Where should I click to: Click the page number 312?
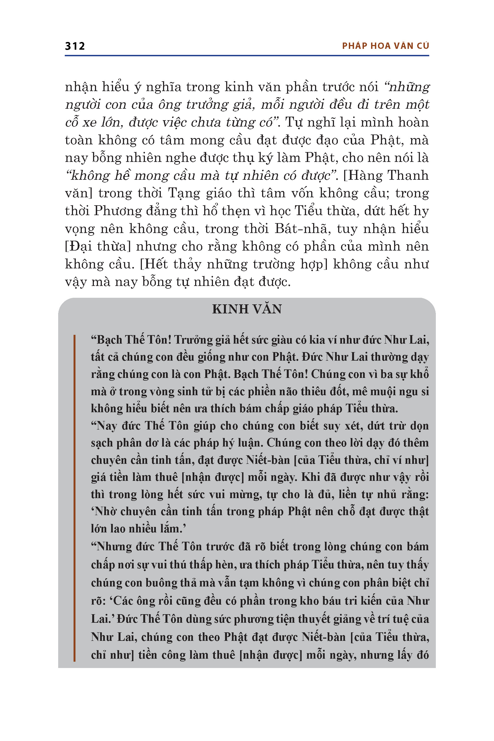[x=75, y=46]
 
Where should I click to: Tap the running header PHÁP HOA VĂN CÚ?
[x=385, y=46]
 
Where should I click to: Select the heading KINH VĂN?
[x=247, y=309]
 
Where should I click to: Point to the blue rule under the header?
[x=247, y=56]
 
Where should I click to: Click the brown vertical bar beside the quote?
[x=74, y=498]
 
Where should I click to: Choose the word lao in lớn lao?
[x=117, y=529]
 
